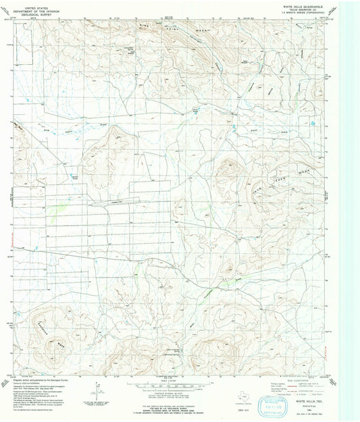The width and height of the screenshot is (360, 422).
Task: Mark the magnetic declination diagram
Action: coord(97,386)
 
